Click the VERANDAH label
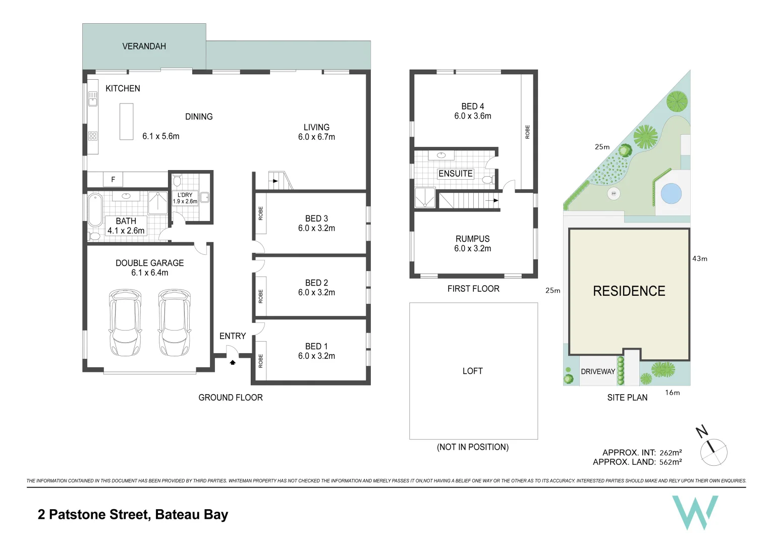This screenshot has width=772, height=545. (144, 46)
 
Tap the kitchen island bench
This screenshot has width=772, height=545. (126, 121)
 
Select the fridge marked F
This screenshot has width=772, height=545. (113, 179)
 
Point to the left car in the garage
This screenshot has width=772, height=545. (125, 322)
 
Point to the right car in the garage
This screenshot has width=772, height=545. (175, 322)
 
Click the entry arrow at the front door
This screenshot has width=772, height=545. (233, 362)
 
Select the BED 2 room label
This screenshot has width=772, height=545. (316, 283)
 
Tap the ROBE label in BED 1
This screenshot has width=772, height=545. (261, 361)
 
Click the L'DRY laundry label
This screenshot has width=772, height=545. (185, 195)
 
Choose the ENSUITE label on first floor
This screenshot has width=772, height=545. (455, 174)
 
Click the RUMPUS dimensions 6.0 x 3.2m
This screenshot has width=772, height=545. (472, 248)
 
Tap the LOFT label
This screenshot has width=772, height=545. (472, 371)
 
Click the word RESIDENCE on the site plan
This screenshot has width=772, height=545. (629, 291)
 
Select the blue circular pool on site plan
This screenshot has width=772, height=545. (671, 193)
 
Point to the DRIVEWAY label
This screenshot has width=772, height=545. (598, 371)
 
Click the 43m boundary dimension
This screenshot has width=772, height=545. (699, 259)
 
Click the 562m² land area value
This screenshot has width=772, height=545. (671, 462)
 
